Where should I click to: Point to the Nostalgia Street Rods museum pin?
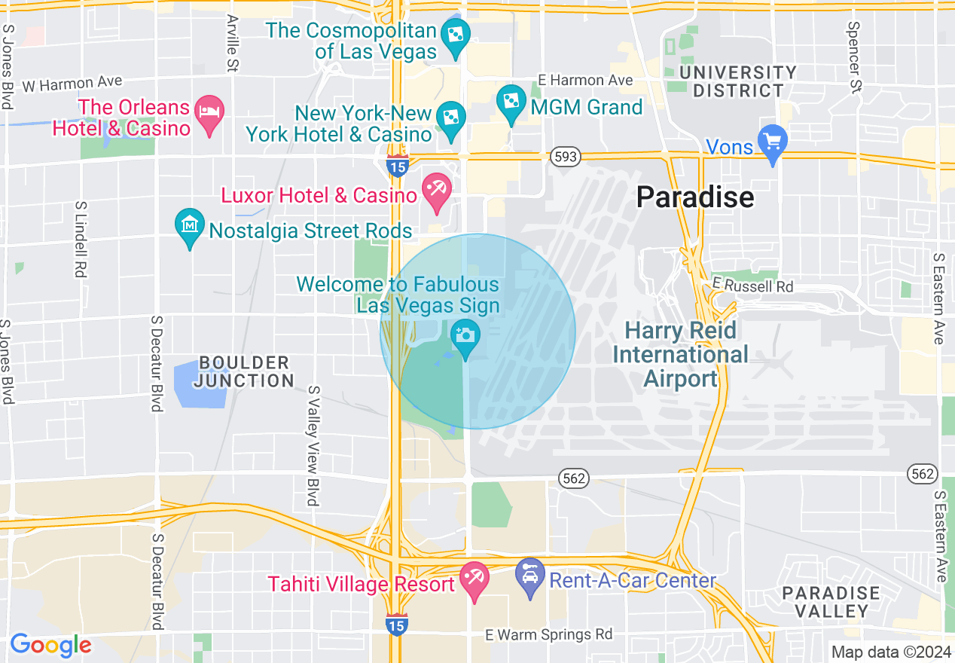pos(190,225)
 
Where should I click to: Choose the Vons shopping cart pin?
pos(773,142)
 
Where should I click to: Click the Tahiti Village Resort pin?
pos(474,579)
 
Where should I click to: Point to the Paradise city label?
pos(694,197)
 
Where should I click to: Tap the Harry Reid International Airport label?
pos(681,354)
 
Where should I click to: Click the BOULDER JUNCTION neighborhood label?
pos(243,371)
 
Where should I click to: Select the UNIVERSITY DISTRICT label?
pos(737,81)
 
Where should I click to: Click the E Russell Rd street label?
pos(753,286)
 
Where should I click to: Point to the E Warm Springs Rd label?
pos(548,634)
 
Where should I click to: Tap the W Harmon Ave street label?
pos(72,83)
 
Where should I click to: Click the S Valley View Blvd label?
pos(313,446)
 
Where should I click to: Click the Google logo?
pos(50,645)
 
